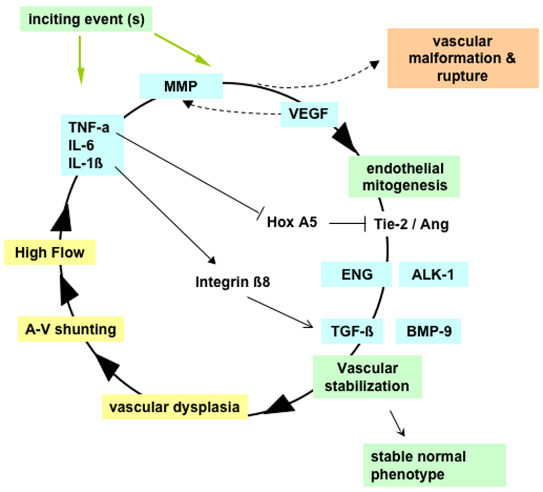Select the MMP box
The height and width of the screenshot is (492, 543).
tap(181, 86)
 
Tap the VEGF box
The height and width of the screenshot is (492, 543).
tap(309, 114)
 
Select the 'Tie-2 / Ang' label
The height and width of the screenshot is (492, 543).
tap(412, 225)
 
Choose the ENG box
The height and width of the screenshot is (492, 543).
tap(356, 274)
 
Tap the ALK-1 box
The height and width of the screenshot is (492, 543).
tap(433, 274)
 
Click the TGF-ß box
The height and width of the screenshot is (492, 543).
tap(352, 330)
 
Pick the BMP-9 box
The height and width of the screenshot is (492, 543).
tap(428, 330)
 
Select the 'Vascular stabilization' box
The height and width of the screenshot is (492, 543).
tap(367, 377)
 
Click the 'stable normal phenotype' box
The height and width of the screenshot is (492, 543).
tap(434, 465)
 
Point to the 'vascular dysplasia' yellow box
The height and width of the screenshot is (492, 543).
tap(174, 407)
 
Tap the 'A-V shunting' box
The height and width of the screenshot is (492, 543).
tap(70, 329)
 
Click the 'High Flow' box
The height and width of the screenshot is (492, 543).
tap(49, 253)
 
